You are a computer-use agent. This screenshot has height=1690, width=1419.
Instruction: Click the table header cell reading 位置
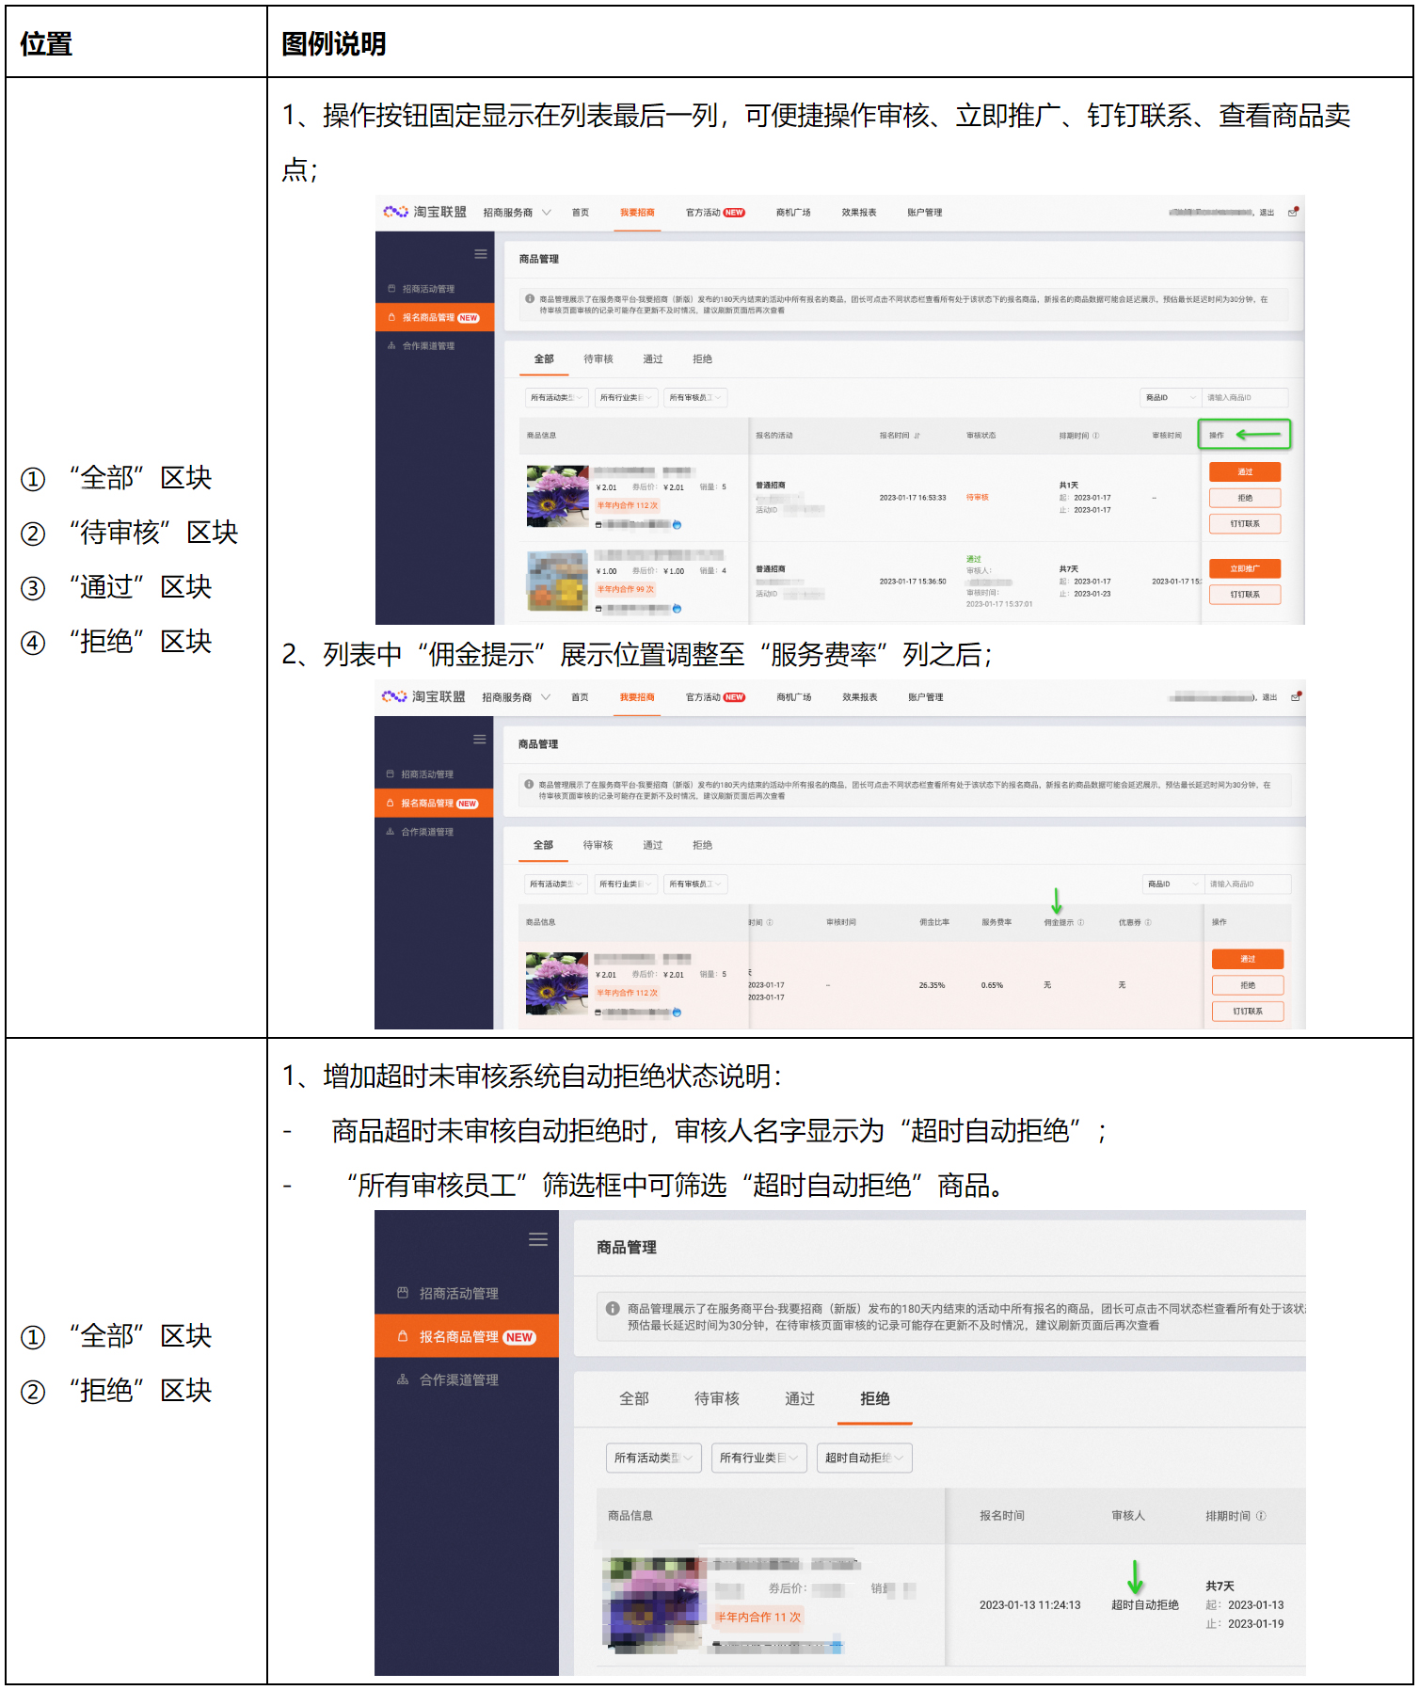pyautogui.click(x=46, y=43)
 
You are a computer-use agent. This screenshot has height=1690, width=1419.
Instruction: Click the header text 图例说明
pyautogui.click(x=334, y=43)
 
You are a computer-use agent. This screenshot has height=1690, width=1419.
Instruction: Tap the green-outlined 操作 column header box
pyautogui.click(x=1243, y=435)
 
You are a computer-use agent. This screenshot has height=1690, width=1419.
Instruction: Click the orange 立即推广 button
pyautogui.click(x=1244, y=568)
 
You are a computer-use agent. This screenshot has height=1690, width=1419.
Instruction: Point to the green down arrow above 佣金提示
pyautogui.click(x=1057, y=901)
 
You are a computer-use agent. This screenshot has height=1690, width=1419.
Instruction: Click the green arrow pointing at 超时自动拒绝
pyautogui.click(x=1136, y=1576)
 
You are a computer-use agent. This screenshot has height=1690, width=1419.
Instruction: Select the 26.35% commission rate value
pyautogui.click(x=932, y=985)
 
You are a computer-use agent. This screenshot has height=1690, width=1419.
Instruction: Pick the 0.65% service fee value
pyautogui.click(x=992, y=985)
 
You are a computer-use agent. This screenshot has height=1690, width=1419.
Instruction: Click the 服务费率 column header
pyautogui.click(x=996, y=922)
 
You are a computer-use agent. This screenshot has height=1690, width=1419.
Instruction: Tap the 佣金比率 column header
pyautogui.click(x=934, y=922)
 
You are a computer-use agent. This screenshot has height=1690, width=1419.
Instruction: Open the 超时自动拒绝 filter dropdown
pyautogui.click(x=864, y=1458)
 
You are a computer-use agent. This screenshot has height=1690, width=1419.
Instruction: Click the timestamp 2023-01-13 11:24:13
pyautogui.click(x=1029, y=1605)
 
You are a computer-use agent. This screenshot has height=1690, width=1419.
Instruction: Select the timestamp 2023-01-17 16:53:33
pyautogui.click(x=913, y=498)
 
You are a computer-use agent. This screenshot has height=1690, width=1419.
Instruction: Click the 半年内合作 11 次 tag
pyautogui.click(x=757, y=1617)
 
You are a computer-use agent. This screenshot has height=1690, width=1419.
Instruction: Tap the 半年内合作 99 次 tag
pyautogui.click(x=626, y=589)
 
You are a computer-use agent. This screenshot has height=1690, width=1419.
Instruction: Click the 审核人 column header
pyautogui.click(x=1128, y=1516)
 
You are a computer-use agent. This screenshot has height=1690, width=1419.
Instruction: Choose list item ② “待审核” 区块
pyautogui.click(x=130, y=533)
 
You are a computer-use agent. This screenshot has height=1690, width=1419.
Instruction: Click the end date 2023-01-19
pyautogui.click(x=1255, y=1623)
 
